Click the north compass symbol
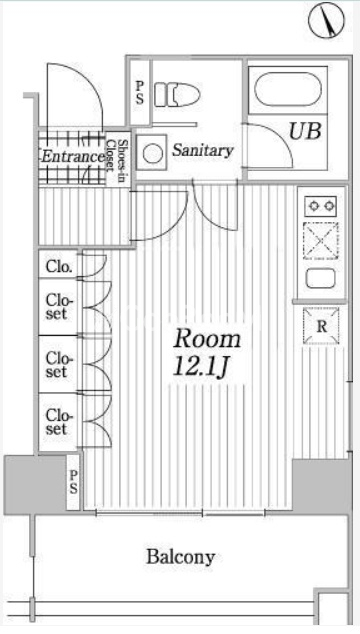click(x=326, y=20)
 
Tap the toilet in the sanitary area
click(x=177, y=95)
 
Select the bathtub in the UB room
click(x=288, y=89)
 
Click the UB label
click(x=305, y=131)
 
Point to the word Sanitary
click(x=203, y=150)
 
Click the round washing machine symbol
click(x=152, y=153)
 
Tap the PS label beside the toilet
click(x=140, y=93)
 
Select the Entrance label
click(x=73, y=156)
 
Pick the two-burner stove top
click(x=321, y=206)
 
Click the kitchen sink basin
click(x=321, y=278)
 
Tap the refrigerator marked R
click(x=321, y=326)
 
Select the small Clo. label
click(x=60, y=267)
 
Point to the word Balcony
click(x=180, y=557)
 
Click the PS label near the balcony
click(x=73, y=482)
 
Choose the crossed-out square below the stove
click(x=321, y=241)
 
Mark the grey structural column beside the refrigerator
click(x=322, y=485)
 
